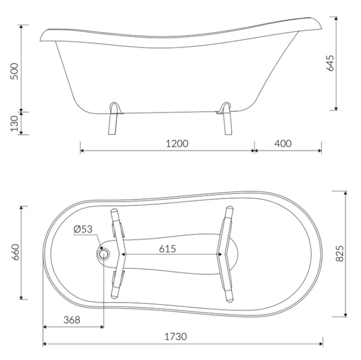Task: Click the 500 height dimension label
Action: coord(14,71)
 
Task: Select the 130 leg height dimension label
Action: coord(14,124)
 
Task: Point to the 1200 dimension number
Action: coord(177,143)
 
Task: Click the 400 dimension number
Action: coord(283,143)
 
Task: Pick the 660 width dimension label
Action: coord(14,253)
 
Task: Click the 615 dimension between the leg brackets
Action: coord(168,249)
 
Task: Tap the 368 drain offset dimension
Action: coord(71,320)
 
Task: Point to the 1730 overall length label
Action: coord(176,336)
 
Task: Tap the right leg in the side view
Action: coord(226,121)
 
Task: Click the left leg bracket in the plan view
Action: coord(118,254)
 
